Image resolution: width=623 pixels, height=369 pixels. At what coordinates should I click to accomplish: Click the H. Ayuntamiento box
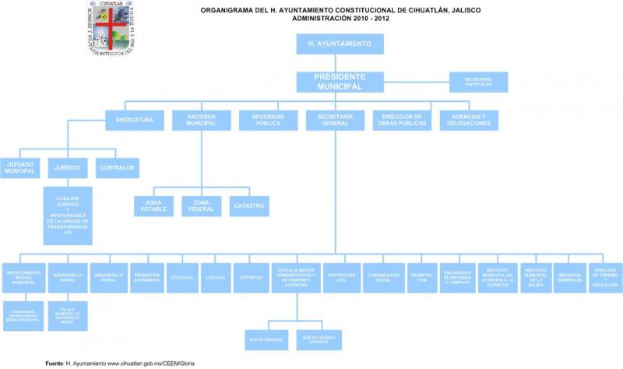point(340,44)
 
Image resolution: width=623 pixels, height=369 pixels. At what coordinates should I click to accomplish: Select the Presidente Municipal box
point(340,82)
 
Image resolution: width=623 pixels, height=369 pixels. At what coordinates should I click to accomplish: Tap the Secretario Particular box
point(479,81)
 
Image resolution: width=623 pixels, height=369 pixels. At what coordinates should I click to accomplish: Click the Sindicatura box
point(135,120)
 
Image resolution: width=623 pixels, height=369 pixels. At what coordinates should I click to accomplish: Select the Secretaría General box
point(336,120)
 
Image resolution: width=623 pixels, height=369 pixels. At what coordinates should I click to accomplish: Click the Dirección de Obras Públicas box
point(402,120)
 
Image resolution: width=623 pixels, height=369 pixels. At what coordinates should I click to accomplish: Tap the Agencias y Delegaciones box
point(469,120)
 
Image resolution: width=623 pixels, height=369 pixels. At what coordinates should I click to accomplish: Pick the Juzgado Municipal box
point(20,168)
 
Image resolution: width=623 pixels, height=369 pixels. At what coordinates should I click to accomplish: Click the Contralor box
point(118,167)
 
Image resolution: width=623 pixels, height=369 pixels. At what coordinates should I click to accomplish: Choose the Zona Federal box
point(201,206)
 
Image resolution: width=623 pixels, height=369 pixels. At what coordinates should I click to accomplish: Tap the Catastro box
point(249,206)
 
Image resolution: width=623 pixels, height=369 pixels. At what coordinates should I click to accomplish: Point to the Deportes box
point(250,277)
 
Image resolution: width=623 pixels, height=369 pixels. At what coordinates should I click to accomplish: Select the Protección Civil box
point(341,277)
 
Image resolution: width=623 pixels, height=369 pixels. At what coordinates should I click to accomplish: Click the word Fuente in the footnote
point(55,363)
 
